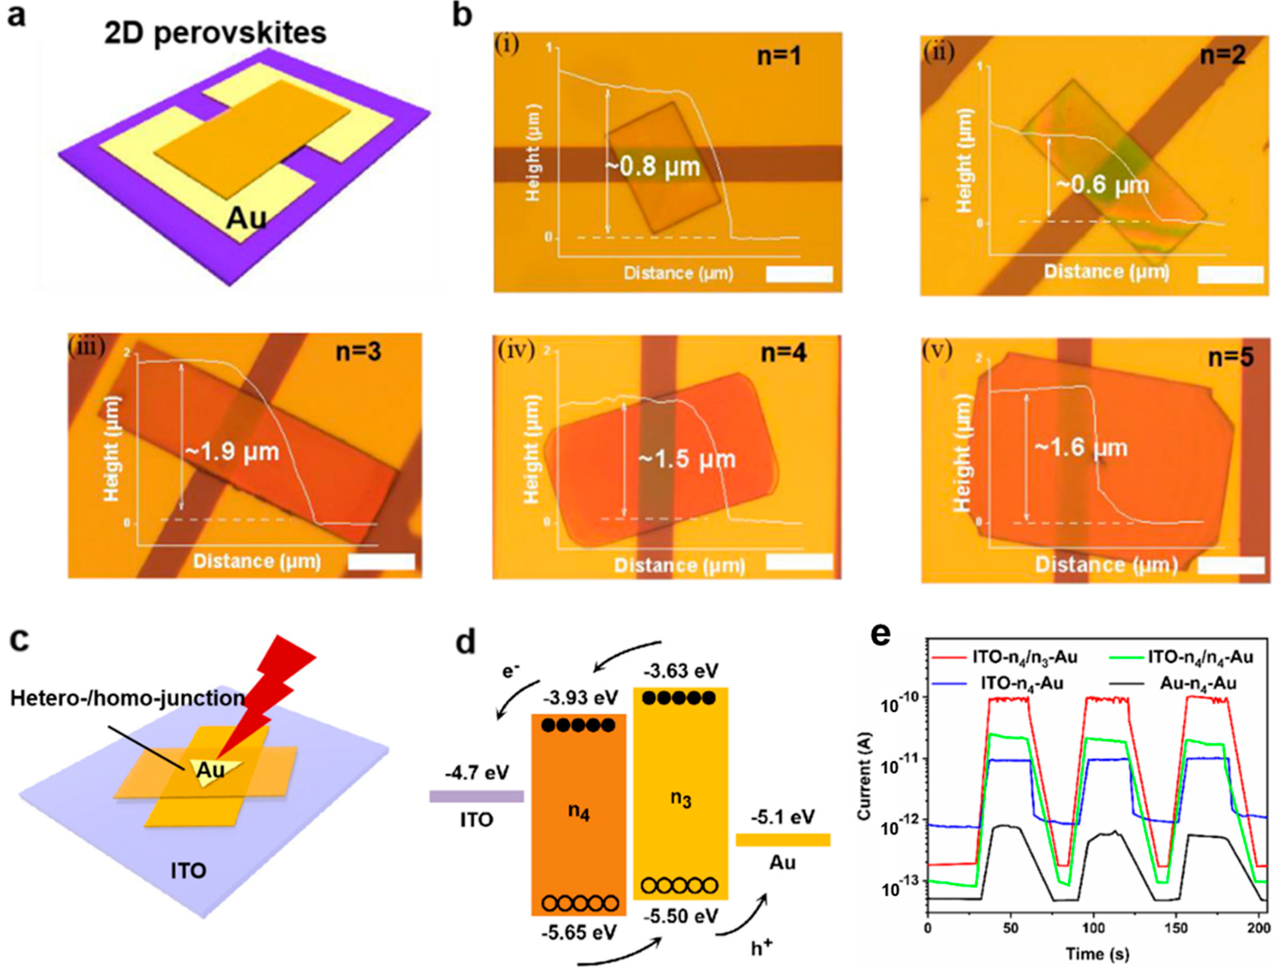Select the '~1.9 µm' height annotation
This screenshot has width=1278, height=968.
tap(232, 451)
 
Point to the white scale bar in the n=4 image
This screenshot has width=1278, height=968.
tap(799, 562)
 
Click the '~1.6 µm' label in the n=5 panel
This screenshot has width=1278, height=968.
tap(1081, 448)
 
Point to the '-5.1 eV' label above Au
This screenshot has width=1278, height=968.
tap(783, 817)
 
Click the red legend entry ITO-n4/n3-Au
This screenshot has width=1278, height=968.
tap(1005, 657)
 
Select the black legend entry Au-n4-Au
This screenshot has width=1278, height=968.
tap(1179, 684)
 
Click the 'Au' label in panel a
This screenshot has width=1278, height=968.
tap(247, 218)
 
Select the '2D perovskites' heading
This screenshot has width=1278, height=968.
tap(215, 33)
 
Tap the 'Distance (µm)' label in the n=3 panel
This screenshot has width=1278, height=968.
tap(257, 561)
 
